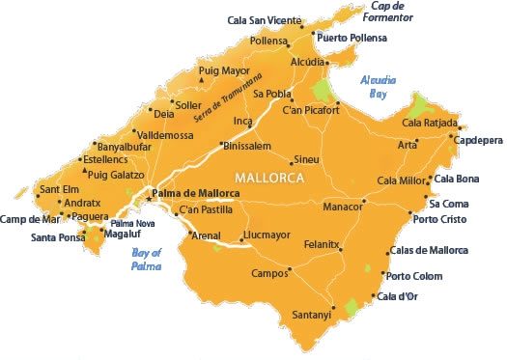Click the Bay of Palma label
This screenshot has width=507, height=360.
(145, 260)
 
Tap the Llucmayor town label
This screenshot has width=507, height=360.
(271, 235)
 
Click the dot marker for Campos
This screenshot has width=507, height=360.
(290, 271)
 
